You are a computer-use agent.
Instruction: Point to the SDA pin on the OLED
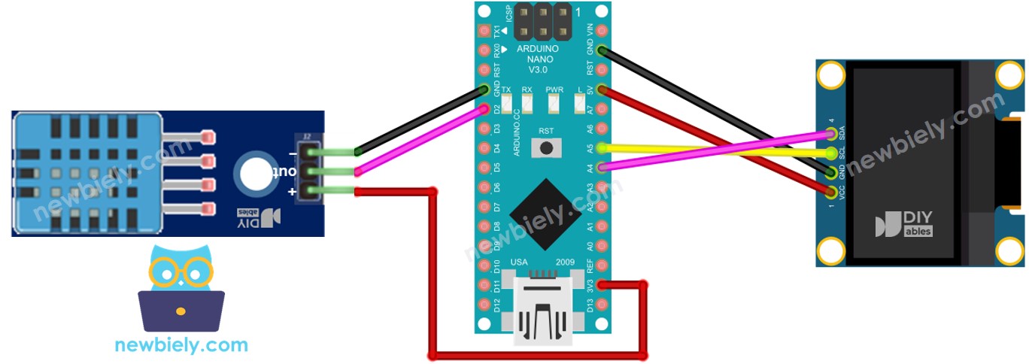click(830, 135)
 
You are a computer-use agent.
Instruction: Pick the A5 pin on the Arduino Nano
click(600, 147)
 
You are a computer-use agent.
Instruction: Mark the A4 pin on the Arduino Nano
click(600, 167)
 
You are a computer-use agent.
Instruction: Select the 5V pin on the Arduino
click(600, 90)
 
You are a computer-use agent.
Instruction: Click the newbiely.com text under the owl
click(181, 345)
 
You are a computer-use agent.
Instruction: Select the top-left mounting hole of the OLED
click(832, 76)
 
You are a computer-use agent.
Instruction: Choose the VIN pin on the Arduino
click(600, 12)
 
